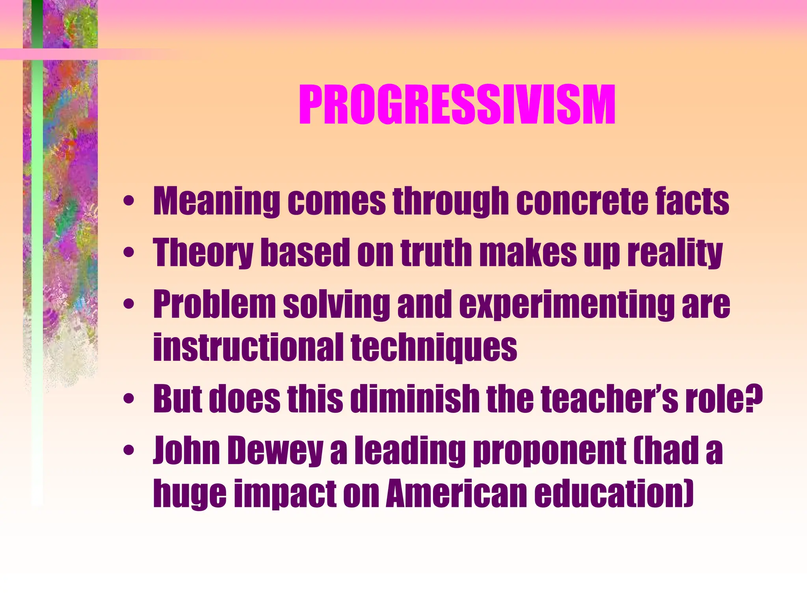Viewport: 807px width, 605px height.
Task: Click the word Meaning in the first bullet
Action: (216, 202)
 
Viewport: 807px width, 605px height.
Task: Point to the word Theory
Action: (203, 252)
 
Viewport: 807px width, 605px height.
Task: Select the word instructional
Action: (248, 347)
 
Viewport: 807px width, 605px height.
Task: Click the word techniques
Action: (434, 347)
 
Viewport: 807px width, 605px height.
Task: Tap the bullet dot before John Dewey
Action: (129, 450)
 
